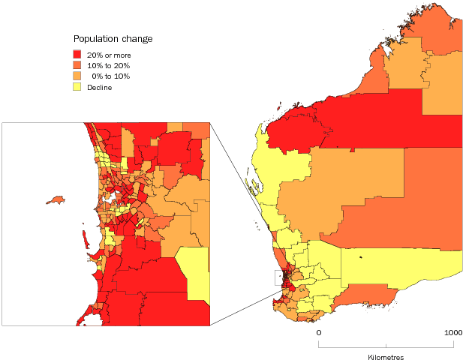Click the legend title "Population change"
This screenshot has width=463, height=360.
coord(113,39)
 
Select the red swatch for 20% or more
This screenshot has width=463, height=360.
coord(77,55)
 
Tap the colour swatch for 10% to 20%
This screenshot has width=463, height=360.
coord(77,65)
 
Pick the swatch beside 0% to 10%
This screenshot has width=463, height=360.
coord(77,76)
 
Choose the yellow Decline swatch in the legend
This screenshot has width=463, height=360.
coord(77,86)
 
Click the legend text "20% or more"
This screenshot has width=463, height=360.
coord(109,55)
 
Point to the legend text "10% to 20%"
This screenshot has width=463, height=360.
coord(107,65)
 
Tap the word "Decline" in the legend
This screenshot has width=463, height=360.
coord(100,86)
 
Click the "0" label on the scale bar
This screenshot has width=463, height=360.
coord(318,332)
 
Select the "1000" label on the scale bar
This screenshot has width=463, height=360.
coord(452,332)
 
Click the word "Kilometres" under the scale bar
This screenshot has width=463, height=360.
coord(385,357)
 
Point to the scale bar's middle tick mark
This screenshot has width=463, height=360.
coord(386,344)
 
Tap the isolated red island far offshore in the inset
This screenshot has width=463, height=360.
coord(54,200)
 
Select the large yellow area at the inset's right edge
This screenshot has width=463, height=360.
coord(195,271)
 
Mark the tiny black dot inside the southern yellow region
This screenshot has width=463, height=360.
coord(361,258)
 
